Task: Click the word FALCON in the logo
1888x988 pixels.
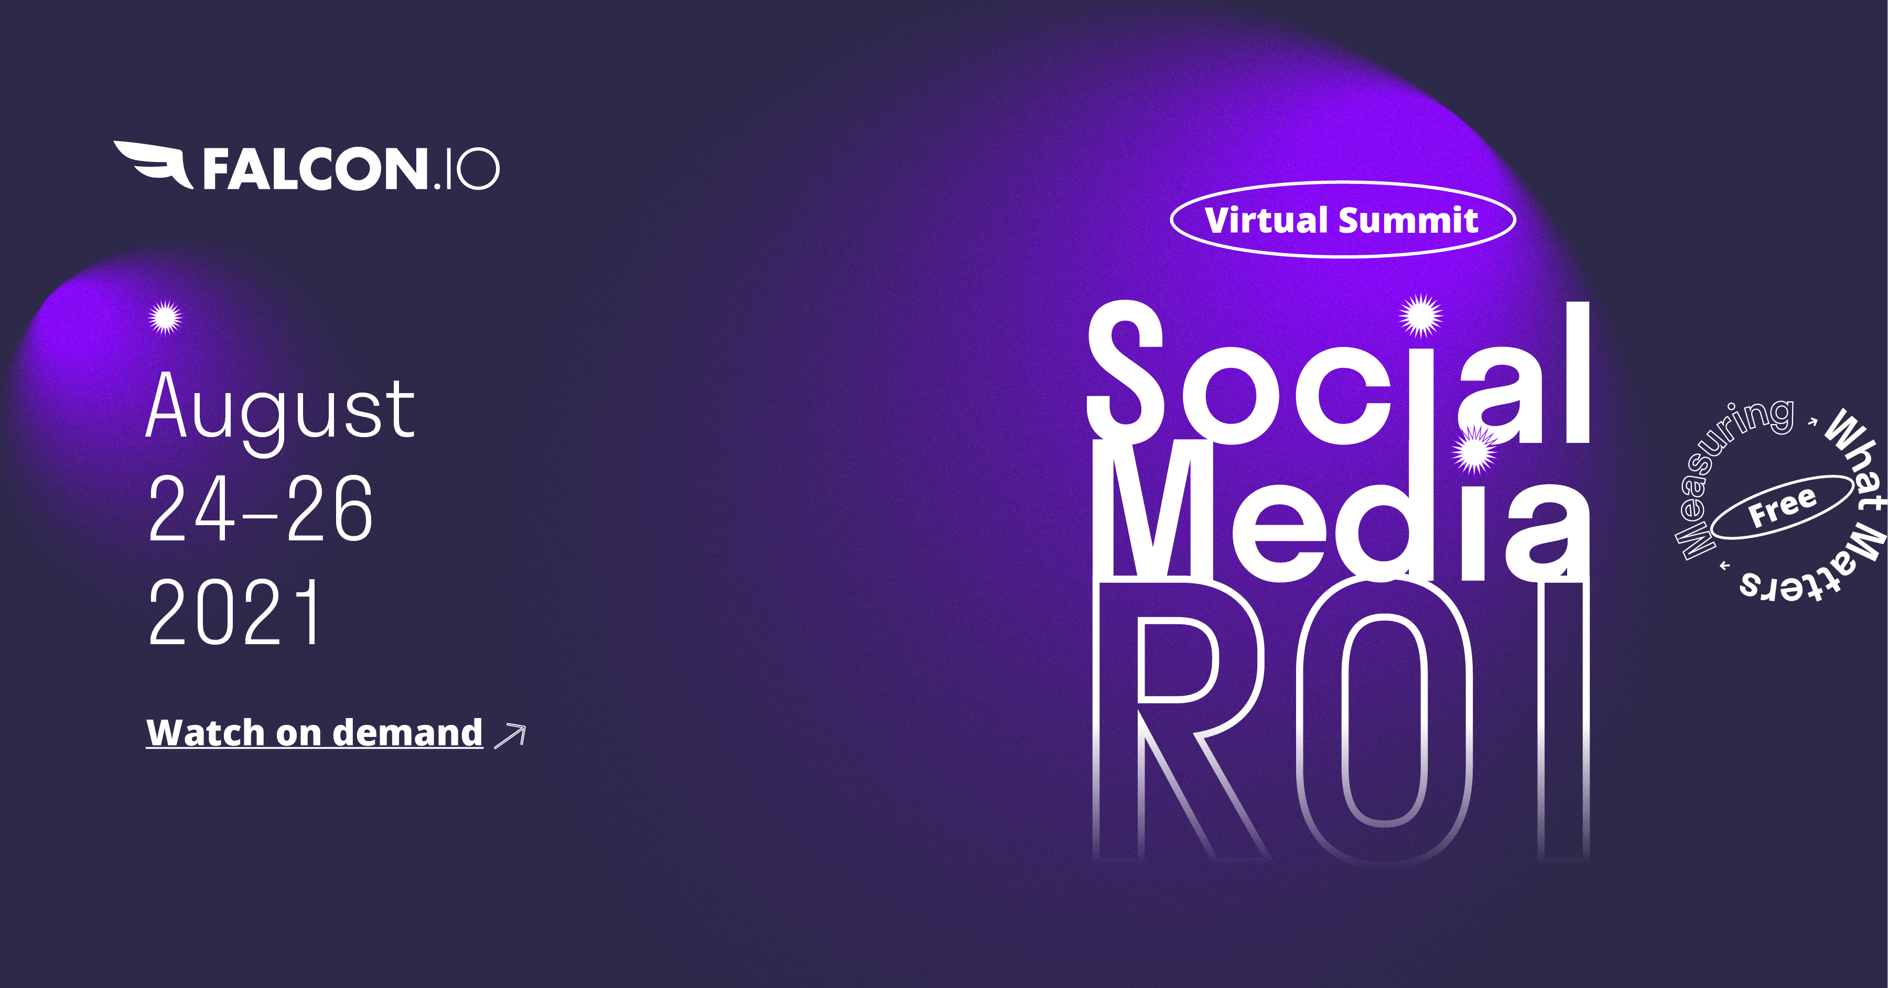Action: coord(315,169)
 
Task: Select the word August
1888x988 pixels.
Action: coord(280,411)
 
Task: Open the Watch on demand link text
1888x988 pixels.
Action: coord(315,732)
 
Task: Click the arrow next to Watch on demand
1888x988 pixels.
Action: coord(511,735)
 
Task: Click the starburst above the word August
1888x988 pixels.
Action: coord(165,317)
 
